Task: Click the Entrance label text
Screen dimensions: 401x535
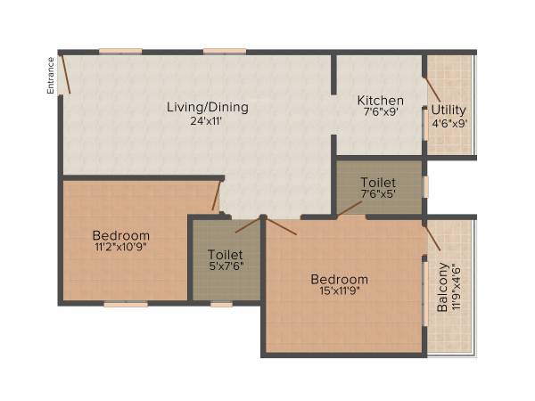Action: click(51, 75)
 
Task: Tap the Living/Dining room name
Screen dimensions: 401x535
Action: click(208, 107)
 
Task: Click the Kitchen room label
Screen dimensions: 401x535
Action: click(381, 100)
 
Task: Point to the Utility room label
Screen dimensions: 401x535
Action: click(449, 110)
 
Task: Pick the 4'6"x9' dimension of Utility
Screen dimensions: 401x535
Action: click(449, 124)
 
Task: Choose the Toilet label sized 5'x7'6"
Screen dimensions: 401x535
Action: click(226, 252)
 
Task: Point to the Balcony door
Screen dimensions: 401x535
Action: click(432, 235)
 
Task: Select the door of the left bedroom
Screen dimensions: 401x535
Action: click(217, 196)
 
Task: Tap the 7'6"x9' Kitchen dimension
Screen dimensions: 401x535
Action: click(381, 113)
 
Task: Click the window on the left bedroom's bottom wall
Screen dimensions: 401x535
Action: click(125, 304)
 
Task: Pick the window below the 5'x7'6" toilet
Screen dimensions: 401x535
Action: click(221, 304)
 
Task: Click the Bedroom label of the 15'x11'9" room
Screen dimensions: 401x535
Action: click(339, 279)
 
